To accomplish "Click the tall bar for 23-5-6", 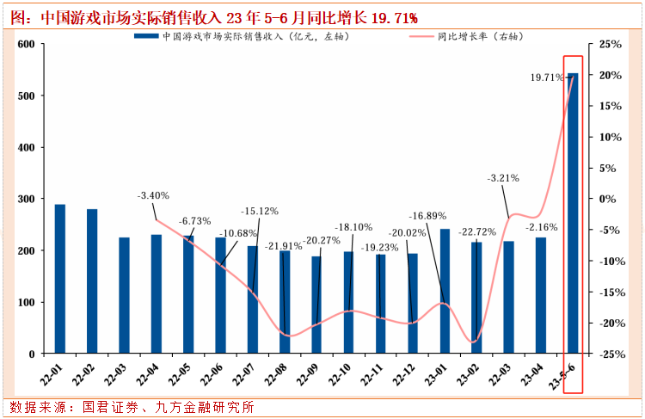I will click(x=573, y=215).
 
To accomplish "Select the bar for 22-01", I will click(x=60, y=279).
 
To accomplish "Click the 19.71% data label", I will click(x=548, y=77).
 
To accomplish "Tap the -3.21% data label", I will click(x=504, y=179).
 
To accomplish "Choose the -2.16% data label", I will click(x=543, y=227).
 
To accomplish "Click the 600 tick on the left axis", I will click(x=26, y=44).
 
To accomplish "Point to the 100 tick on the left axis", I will click(x=26, y=302).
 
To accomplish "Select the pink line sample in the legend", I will click(x=421, y=37).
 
